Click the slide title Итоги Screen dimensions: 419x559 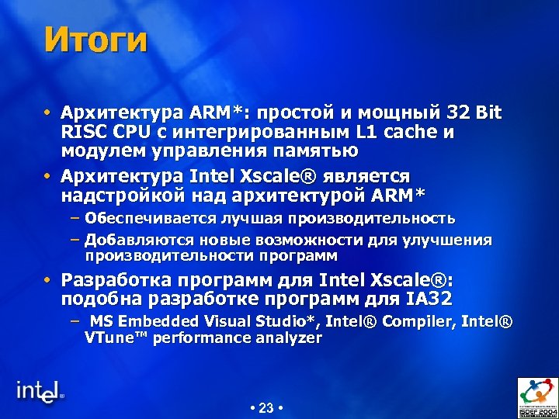coord(95,40)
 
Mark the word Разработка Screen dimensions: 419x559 coord(116,279)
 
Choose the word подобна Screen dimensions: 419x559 coord(102,299)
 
